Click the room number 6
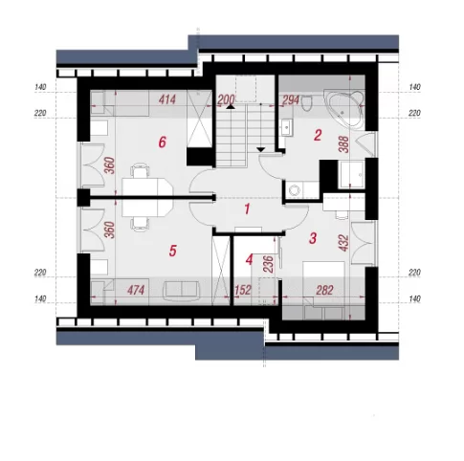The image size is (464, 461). point(163,142)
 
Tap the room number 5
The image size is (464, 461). point(172,251)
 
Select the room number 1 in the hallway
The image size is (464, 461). point(247,209)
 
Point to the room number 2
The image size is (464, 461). point(318,136)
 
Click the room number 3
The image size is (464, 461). point(313,238)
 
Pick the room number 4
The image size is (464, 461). point(249,259)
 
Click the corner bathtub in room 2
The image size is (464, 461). point(344,109)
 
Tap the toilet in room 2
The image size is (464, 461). point(307,102)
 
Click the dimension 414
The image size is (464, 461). point(167,99)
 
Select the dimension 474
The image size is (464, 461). point(136,290)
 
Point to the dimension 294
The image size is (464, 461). point(291,100)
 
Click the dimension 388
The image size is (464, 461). point(344,144)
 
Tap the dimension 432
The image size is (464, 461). point(343,243)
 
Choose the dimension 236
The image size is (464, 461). point(269,264)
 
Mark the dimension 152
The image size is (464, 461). point(243,290)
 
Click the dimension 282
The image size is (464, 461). point(324,290)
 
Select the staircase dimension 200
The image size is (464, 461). point(226,99)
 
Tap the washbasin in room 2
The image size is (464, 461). point(287,127)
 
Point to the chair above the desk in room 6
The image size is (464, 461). point(140,170)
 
